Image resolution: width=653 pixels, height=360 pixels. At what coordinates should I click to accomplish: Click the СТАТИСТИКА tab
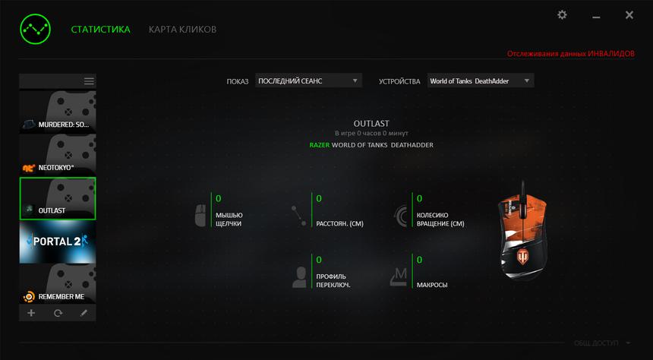pos(100,30)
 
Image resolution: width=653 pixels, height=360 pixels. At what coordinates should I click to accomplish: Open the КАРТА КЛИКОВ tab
pos(182,30)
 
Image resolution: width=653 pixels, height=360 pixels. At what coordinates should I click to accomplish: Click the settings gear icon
pos(562,15)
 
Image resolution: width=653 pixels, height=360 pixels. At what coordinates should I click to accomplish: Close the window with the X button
pos(629,15)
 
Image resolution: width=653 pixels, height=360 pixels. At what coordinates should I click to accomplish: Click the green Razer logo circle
pos(35,30)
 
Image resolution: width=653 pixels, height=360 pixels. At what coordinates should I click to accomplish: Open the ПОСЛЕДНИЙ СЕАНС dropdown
pos(308,81)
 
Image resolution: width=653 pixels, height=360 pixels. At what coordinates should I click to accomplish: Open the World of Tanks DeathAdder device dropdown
pos(480,81)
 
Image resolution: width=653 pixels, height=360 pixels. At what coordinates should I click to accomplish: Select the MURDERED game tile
pos(58,112)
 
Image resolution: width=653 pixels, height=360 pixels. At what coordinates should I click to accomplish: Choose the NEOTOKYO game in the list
pos(58,155)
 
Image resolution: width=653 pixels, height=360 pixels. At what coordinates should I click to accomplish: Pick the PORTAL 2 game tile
pos(58,242)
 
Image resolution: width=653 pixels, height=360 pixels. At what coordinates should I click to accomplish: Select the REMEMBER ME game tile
pos(58,284)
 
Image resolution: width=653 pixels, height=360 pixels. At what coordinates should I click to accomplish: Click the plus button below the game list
pos(31,313)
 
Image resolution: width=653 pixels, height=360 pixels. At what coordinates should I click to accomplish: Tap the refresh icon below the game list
pos(58,313)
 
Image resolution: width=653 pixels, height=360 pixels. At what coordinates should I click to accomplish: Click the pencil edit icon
pos(84,313)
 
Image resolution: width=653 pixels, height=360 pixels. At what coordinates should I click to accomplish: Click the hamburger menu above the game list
pos(89,81)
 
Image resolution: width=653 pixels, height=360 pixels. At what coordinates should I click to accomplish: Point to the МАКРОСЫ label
pos(432,286)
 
